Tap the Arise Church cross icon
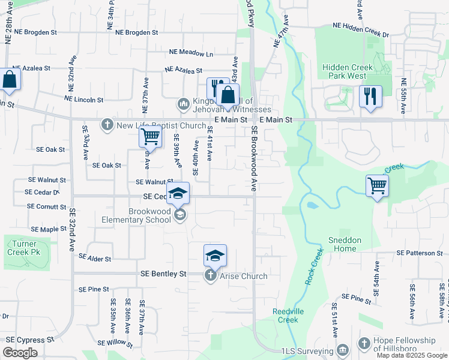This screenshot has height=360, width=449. tap(210, 275)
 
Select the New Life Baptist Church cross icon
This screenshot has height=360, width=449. tap(107, 125)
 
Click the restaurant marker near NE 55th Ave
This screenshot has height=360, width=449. tap(370, 95)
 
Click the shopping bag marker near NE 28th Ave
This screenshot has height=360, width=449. tap(10, 79)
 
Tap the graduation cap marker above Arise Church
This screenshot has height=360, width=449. tap(215, 256)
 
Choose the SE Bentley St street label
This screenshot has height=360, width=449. tap(163, 274)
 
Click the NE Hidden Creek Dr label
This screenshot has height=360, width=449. tap(361, 26)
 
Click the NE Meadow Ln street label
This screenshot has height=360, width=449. tap(191, 54)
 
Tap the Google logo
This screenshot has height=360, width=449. tap(20, 353)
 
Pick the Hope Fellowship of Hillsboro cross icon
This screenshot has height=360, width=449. tap(364, 343)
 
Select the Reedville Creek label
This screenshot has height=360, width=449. tap(285, 316)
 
